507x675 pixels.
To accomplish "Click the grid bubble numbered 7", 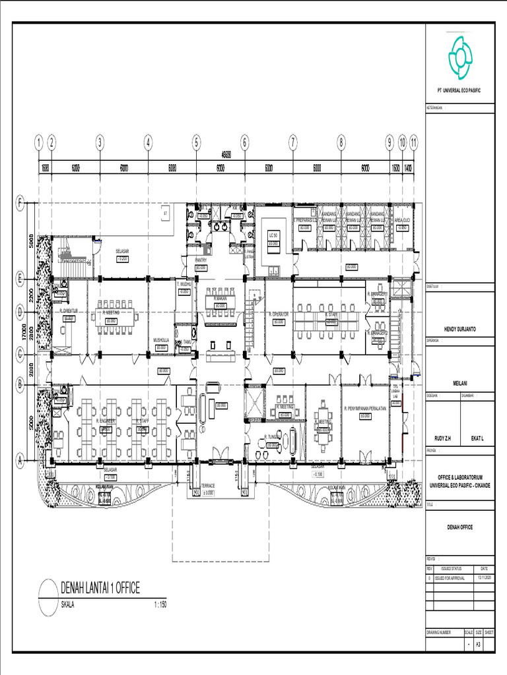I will click(x=292, y=141).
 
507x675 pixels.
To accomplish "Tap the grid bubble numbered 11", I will click(x=413, y=141).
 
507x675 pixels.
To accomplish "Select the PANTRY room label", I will click(x=201, y=260).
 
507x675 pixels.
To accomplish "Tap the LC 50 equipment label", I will click(x=272, y=235).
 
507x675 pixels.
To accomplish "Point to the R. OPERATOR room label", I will click(x=279, y=314).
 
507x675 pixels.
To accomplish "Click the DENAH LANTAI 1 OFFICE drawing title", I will click(x=100, y=589).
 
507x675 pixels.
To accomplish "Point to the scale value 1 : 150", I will click(x=159, y=604).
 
